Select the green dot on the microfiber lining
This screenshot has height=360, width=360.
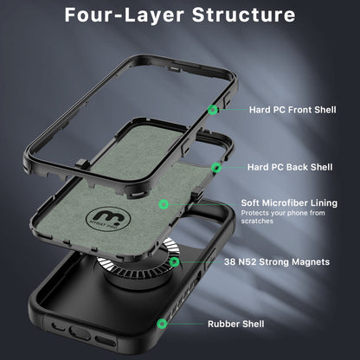tap(164, 203)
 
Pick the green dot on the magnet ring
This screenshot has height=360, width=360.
tap(176, 261)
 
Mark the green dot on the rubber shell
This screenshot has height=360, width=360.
tap(163, 324)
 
